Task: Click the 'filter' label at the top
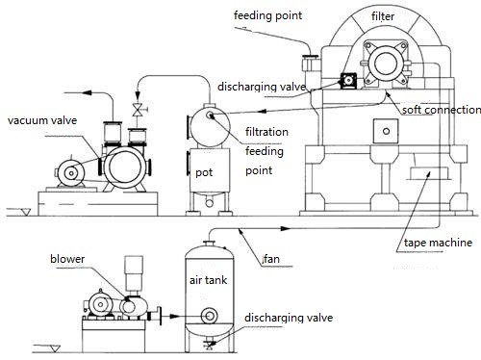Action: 383,16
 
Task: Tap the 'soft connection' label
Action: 442,110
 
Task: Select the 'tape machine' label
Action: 438,243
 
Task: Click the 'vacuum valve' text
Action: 42,120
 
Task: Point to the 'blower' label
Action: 67,259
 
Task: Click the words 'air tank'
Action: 208,280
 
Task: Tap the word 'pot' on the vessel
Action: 204,172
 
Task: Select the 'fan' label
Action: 271,259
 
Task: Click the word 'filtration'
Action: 266,132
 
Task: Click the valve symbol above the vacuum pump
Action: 138,110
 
